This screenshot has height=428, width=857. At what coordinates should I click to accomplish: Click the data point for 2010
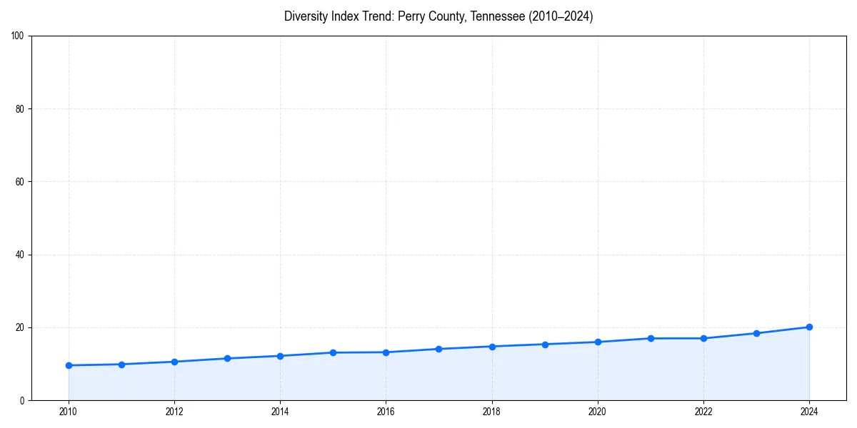click(69, 365)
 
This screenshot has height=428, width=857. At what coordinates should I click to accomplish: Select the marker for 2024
click(809, 327)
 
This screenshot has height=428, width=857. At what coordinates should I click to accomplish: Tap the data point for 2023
click(756, 333)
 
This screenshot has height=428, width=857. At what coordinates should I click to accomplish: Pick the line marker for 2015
click(333, 352)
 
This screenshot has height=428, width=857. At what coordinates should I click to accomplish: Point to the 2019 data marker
click(545, 344)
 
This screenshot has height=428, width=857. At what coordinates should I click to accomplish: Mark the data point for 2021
click(651, 338)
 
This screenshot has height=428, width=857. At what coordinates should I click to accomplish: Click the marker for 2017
click(438, 349)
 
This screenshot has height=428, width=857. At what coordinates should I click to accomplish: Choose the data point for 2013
click(227, 358)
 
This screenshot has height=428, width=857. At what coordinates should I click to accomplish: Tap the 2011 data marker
click(121, 365)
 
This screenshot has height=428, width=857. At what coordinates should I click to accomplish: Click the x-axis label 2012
click(174, 411)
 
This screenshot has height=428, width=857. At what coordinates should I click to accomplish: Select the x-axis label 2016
click(386, 411)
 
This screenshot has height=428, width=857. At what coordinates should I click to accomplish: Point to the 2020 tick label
click(598, 411)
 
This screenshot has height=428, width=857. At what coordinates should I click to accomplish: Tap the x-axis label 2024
click(809, 411)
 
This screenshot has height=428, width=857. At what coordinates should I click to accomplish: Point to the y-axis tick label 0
click(23, 400)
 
